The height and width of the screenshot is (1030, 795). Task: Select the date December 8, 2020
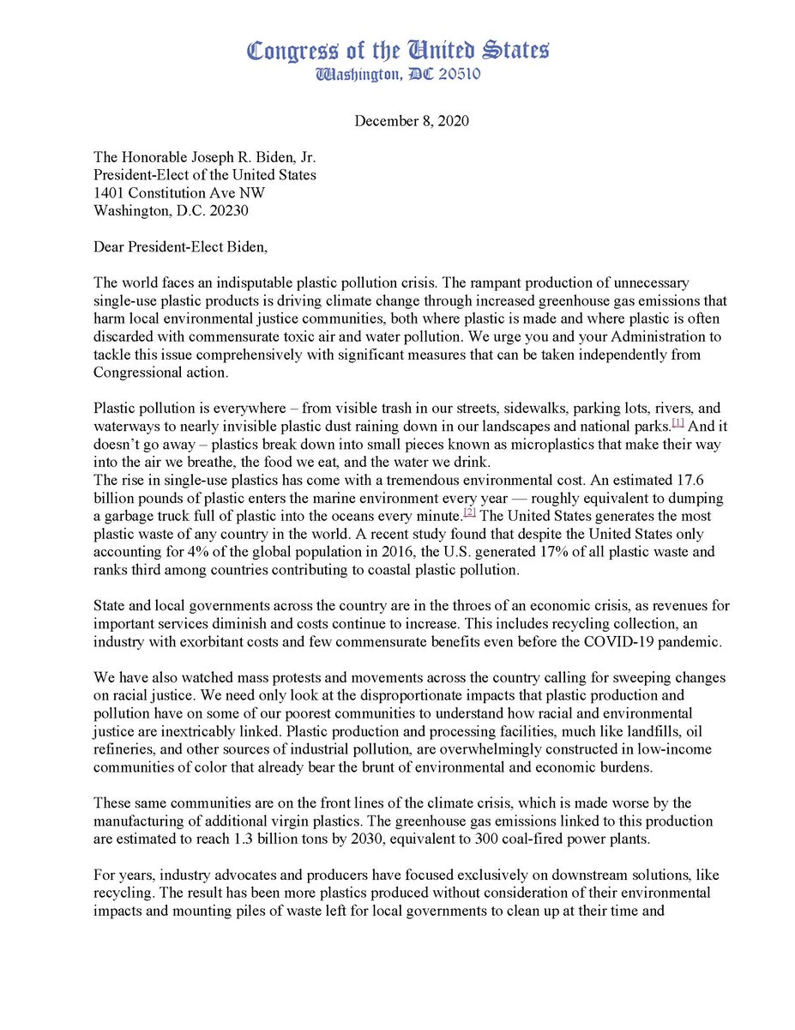[x=412, y=121]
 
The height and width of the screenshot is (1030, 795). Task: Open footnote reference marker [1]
[x=678, y=423]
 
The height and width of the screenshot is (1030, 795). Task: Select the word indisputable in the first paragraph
[x=250, y=282]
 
